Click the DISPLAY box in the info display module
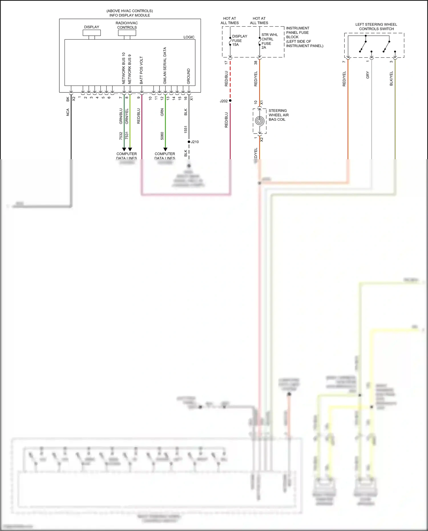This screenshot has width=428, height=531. [92, 33]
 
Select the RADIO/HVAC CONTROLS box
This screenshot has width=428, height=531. [127, 33]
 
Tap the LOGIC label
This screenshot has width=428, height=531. [189, 37]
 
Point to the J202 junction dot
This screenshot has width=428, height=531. [230, 101]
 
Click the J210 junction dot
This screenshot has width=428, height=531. [189, 142]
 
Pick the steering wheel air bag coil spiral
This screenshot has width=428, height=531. [260, 121]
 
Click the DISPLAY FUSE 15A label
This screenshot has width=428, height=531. [239, 41]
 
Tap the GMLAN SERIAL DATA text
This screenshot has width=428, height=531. [165, 66]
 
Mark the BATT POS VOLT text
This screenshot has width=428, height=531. [142, 70]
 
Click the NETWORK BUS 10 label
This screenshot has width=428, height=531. [124, 68]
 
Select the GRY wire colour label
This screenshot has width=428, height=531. [368, 75]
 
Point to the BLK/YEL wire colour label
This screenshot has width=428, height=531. [391, 78]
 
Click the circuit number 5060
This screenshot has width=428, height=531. [162, 136]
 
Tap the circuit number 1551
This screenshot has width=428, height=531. [186, 130]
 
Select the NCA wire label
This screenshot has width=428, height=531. [68, 112]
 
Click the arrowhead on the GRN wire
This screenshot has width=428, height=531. [165, 149]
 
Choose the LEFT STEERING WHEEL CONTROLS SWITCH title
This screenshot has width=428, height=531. [376, 27]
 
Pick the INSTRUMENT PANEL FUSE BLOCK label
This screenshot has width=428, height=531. [304, 37]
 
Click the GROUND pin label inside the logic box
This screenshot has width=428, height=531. [189, 76]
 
